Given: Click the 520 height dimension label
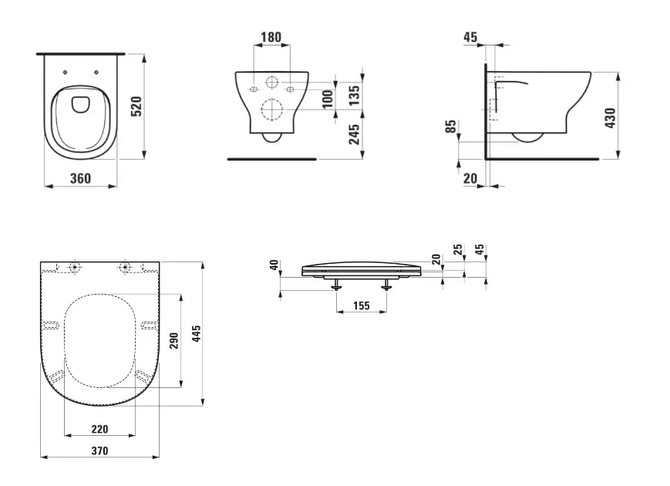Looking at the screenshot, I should pos(137,106).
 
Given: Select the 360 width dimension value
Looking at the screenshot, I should pos(80,179).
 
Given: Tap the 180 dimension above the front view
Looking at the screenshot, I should pos(271,37).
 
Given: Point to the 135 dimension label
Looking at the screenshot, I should pos(354,94).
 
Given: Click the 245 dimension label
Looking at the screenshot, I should pos(354,136).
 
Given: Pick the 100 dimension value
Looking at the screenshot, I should pos(327,99).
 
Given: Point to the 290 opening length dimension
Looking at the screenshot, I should pos(174,340).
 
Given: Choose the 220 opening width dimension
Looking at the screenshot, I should pos(99,429).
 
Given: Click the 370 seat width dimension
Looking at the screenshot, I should pos(99,451).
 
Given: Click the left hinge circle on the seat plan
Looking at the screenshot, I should pos(75,268).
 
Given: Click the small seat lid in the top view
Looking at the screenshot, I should pos(80,103).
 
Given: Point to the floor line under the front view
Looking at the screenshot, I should pos(271,160).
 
